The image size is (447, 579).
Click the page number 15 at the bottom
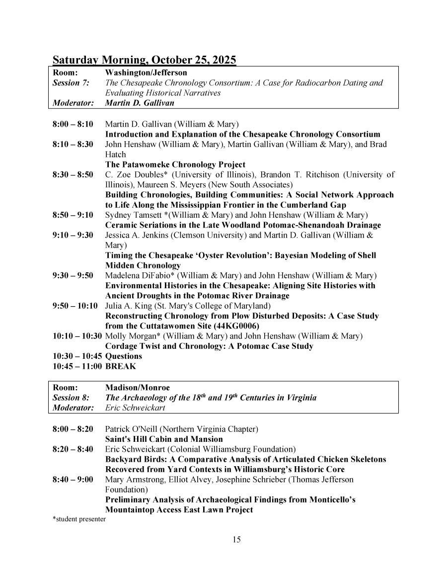point(236,540)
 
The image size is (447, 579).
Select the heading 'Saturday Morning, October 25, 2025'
point(145,60)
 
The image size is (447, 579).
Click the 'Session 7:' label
point(71,83)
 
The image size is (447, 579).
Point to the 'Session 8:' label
point(71,398)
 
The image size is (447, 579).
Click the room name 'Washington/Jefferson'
point(139,73)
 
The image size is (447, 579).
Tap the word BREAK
point(120,366)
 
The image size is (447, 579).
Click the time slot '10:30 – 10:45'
point(77,356)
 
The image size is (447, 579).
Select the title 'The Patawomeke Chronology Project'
point(175,165)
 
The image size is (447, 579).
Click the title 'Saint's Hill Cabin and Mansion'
point(164,439)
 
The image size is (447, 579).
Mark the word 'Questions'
point(123,356)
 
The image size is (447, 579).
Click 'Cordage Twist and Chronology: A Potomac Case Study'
point(209,346)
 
